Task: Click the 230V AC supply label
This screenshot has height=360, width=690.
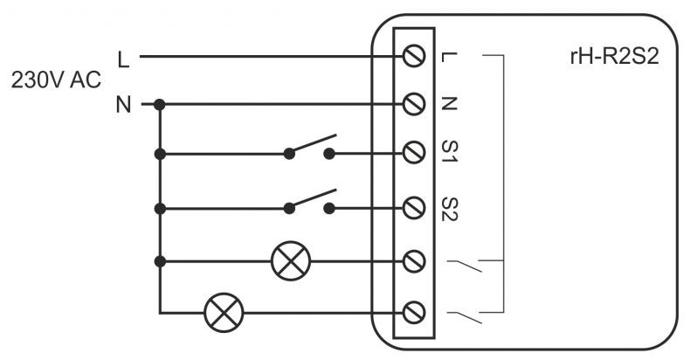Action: click(x=56, y=80)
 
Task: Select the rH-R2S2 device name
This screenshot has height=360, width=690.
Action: click(x=614, y=57)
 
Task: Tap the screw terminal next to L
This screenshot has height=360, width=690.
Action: click(x=414, y=56)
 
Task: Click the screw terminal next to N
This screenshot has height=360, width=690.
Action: click(x=414, y=104)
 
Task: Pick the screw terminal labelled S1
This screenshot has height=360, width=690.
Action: click(x=414, y=152)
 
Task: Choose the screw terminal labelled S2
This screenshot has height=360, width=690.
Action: click(x=414, y=208)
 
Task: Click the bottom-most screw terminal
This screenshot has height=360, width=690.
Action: click(x=414, y=313)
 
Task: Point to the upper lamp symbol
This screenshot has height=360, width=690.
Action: click(x=291, y=261)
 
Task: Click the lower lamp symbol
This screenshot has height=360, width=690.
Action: click(x=224, y=313)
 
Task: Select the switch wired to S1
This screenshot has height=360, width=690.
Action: click(x=310, y=148)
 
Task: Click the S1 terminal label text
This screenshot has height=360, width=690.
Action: click(x=450, y=151)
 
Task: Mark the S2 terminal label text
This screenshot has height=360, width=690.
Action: click(x=450, y=209)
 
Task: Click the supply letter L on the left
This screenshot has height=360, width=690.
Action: click(x=124, y=59)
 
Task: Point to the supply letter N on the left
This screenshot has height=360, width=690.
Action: click(x=124, y=105)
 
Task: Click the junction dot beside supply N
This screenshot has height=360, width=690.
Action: click(x=160, y=105)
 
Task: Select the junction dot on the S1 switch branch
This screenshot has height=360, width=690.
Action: click(x=160, y=154)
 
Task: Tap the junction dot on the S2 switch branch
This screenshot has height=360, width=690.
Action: click(x=160, y=209)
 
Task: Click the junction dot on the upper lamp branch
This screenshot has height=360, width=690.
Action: click(x=160, y=261)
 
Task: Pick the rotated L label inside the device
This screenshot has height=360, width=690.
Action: click(x=450, y=57)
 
